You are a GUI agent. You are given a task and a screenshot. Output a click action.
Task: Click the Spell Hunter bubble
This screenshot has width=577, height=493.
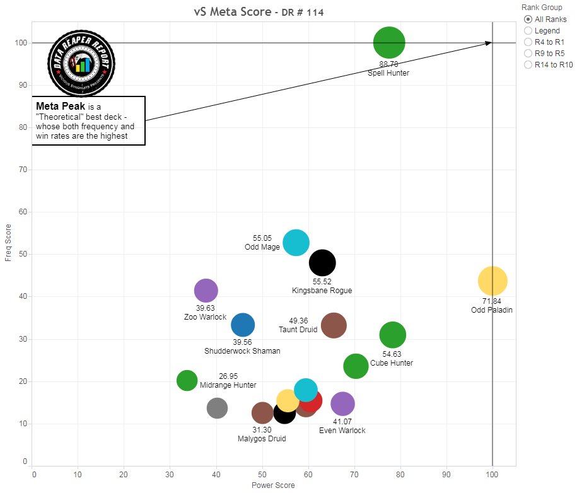(389, 43)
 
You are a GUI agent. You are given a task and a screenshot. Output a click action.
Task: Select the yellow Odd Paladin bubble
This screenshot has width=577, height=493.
(492, 281)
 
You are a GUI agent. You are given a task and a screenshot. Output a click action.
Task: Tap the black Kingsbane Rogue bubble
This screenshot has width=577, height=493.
(322, 263)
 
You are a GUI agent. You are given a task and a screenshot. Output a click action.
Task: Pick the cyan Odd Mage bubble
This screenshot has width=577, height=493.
(296, 242)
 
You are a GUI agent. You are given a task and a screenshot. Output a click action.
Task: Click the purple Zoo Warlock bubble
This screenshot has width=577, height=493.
(206, 291)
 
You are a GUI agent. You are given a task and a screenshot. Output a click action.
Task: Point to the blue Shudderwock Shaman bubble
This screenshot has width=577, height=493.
(243, 325)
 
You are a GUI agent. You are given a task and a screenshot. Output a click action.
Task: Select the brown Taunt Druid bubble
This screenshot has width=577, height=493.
(334, 325)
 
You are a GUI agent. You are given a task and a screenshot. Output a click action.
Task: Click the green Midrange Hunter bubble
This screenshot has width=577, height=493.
(187, 380)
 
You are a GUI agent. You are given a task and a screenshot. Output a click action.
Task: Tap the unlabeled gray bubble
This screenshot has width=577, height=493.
(217, 408)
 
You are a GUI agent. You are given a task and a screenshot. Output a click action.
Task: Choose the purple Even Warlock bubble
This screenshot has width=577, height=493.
(342, 404)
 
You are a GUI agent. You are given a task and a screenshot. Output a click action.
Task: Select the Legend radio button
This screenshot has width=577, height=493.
(528, 30)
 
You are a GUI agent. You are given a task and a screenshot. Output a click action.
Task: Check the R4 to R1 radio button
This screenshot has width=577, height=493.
(528, 42)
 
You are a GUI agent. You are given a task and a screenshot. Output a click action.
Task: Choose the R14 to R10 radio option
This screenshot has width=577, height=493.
(528, 64)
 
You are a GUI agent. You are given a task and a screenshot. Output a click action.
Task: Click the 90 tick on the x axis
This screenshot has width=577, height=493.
(446, 473)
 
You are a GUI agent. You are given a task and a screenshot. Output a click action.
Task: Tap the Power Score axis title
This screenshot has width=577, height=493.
(273, 485)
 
